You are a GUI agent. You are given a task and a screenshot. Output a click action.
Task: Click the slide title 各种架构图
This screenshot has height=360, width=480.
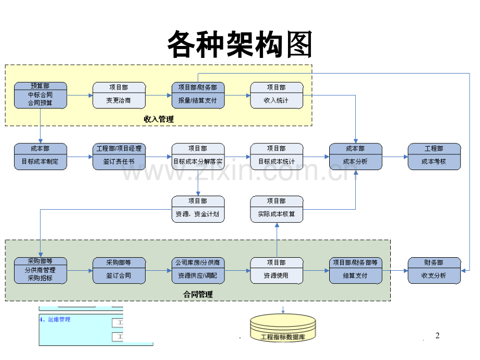pos(239,44)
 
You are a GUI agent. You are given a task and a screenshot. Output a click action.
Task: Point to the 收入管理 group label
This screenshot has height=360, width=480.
pos(159,119)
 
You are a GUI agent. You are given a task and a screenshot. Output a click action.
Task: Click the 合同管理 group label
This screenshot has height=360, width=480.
pos(198,294)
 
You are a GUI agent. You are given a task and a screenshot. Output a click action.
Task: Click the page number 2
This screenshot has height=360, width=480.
pos(437,335)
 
